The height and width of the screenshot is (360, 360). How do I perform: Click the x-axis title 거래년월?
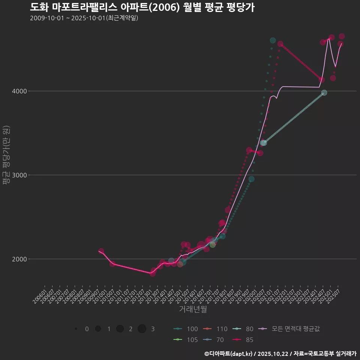pos(193,309)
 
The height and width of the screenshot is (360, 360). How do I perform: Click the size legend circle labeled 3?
pos(142,329)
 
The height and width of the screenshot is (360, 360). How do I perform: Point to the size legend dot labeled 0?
pos(76,329)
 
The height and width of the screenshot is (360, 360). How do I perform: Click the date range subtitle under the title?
pos(84,18)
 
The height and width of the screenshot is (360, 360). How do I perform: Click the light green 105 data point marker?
pos(213,244)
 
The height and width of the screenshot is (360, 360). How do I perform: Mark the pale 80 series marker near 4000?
pos(324,93)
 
